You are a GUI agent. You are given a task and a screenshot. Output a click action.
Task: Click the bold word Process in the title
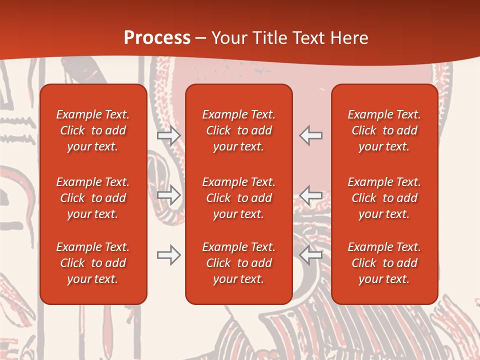[157, 38]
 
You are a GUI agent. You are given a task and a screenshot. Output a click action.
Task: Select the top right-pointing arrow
[168, 135]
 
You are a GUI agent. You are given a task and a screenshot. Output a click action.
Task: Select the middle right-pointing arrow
[168, 195]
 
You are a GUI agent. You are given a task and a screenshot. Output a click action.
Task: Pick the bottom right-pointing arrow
[168, 255]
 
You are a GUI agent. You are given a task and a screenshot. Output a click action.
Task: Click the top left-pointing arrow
[311, 135]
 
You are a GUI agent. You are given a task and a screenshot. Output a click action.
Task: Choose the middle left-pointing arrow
[311, 195]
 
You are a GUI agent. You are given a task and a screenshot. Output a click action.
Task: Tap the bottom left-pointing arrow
[311, 255]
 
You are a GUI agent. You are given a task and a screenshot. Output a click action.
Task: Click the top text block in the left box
[93, 130]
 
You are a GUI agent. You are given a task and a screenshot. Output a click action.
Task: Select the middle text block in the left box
[93, 198]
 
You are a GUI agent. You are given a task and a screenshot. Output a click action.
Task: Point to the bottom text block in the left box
[93, 263]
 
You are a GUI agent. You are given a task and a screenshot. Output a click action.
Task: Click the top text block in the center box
[239, 130]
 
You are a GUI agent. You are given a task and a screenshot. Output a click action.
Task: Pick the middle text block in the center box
[239, 198]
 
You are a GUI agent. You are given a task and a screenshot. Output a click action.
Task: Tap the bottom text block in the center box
[239, 263]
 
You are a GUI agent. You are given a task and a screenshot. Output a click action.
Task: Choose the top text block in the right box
[384, 130]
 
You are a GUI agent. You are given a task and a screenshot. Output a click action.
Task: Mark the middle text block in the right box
[384, 198]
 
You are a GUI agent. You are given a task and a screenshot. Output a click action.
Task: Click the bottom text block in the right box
[384, 263]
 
